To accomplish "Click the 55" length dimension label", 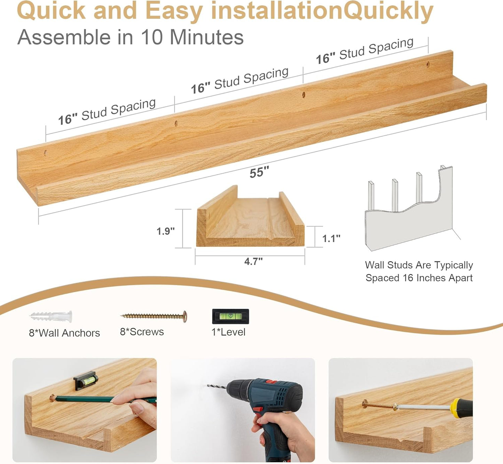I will coord(259,172).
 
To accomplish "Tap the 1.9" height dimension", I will coord(165,231).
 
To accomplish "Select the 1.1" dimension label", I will coord(331,238).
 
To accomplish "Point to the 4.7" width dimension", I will coord(253,261).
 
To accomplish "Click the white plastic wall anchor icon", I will coord(51,316).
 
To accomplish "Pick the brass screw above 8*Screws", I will coord(154,316).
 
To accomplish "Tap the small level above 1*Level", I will coord(230,316).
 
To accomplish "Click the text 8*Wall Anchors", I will coord(64,333).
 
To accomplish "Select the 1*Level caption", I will coord(228,332).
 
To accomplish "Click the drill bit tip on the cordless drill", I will coord(209,386).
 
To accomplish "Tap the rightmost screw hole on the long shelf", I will coord(428,64).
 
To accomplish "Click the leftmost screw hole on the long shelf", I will coord(45,152).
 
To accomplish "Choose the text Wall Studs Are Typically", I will coord(419,265).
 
